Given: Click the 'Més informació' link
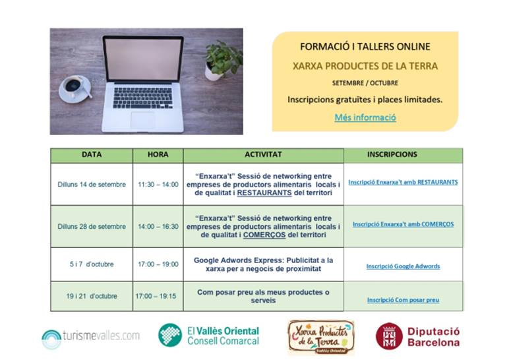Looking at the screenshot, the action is click(x=365, y=117).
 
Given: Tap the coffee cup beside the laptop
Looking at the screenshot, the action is click(x=75, y=88).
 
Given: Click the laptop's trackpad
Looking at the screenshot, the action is click(x=143, y=121).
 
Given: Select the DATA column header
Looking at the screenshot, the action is click(x=92, y=154).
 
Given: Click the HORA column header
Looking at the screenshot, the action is click(x=158, y=154).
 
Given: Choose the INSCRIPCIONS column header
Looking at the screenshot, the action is click(x=392, y=154).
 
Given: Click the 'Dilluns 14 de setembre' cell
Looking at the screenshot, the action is click(x=92, y=185).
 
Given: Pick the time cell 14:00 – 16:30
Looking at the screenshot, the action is click(x=158, y=226).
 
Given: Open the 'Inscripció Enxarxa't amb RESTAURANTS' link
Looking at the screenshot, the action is click(x=403, y=182).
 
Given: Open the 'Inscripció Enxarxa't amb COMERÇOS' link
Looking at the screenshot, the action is click(x=403, y=224).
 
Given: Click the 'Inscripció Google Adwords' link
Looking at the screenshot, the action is click(x=403, y=266).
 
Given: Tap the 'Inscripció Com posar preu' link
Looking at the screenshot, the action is click(x=403, y=300).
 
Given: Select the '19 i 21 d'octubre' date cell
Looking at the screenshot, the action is click(x=92, y=296).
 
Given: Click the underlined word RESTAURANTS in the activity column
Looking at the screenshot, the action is click(x=264, y=193).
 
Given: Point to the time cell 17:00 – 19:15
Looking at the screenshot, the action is click(x=156, y=296).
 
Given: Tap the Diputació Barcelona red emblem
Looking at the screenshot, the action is click(x=389, y=336).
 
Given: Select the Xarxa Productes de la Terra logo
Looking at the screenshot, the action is click(x=320, y=337).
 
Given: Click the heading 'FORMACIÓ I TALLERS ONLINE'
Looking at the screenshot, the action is click(x=365, y=46).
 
